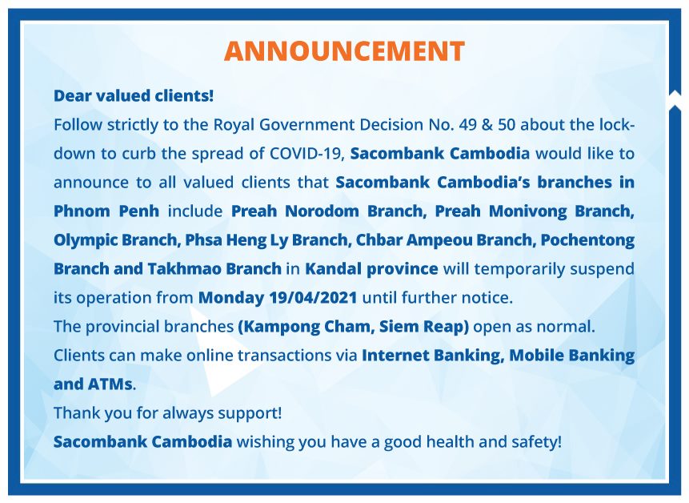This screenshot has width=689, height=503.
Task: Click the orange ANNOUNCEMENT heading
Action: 344,51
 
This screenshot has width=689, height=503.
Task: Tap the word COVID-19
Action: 306,154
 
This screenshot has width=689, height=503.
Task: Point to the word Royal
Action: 234,125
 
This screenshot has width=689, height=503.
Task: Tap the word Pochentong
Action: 587,240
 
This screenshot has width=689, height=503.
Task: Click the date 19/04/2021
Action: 314,298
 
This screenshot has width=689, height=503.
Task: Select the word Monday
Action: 231,298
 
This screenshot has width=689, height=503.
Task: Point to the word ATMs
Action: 110,384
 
